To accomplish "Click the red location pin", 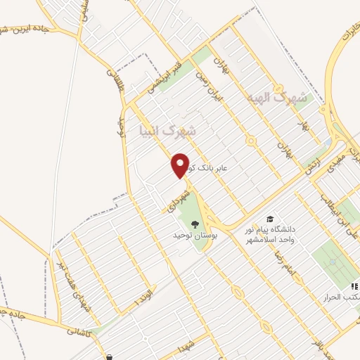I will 181,165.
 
